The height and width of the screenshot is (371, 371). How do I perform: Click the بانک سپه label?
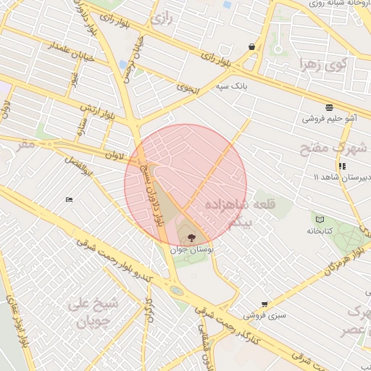click(x=230, y=86)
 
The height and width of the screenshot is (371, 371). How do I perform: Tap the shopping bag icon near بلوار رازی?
click(x=251, y=47)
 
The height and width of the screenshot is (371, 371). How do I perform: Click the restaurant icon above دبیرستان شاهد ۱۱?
click(x=341, y=166)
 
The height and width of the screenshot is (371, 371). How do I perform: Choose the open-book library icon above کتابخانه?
click(x=319, y=218)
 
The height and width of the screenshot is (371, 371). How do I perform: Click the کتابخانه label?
click(x=319, y=230)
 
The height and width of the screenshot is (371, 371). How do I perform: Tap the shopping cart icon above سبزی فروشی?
click(x=264, y=304)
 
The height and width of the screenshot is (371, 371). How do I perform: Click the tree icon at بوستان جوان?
click(x=191, y=237)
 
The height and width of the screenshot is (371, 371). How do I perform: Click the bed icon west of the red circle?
click(x=69, y=199)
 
